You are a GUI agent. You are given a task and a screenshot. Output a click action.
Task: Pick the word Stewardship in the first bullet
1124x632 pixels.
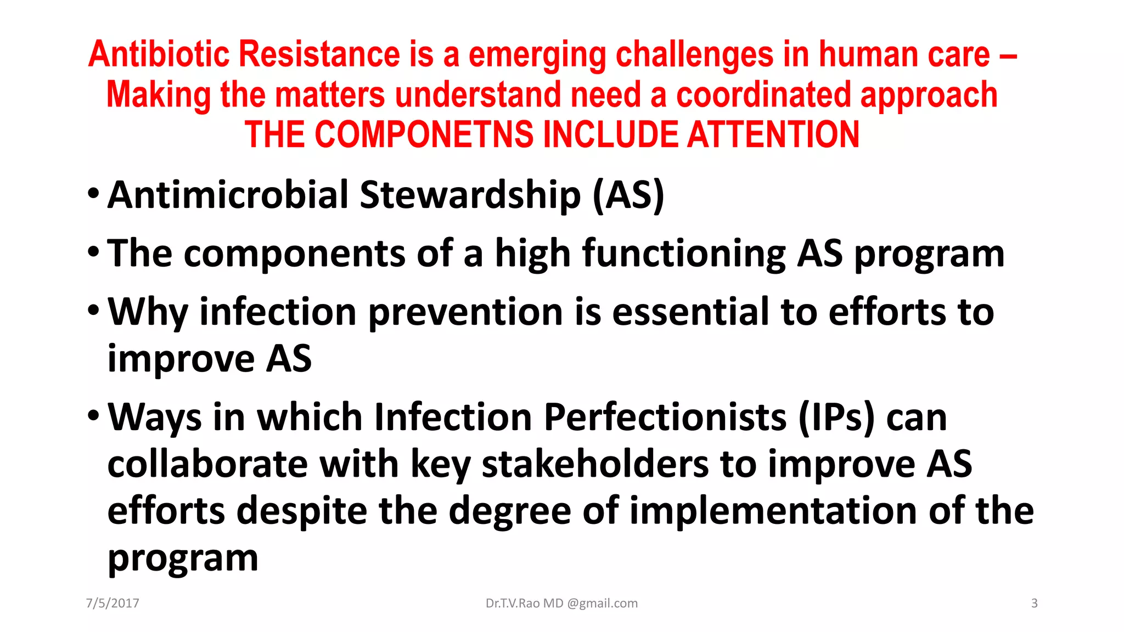click(470, 195)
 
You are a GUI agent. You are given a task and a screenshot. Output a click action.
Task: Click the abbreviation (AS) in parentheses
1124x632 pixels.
click(628, 195)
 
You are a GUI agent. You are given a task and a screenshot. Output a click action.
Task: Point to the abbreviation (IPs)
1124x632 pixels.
click(836, 417)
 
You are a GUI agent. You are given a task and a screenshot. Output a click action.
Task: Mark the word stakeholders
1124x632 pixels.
click(595, 464)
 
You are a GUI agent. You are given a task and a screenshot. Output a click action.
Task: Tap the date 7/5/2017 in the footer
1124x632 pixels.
click(113, 603)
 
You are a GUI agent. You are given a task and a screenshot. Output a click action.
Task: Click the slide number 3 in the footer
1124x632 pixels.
click(1035, 603)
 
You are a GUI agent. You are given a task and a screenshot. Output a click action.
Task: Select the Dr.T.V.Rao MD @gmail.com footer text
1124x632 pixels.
click(561, 603)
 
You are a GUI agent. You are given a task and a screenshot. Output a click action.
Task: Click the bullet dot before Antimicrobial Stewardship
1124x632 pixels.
click(94, 194)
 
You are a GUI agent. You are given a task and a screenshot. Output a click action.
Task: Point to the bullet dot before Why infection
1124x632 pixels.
click(94, 311)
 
